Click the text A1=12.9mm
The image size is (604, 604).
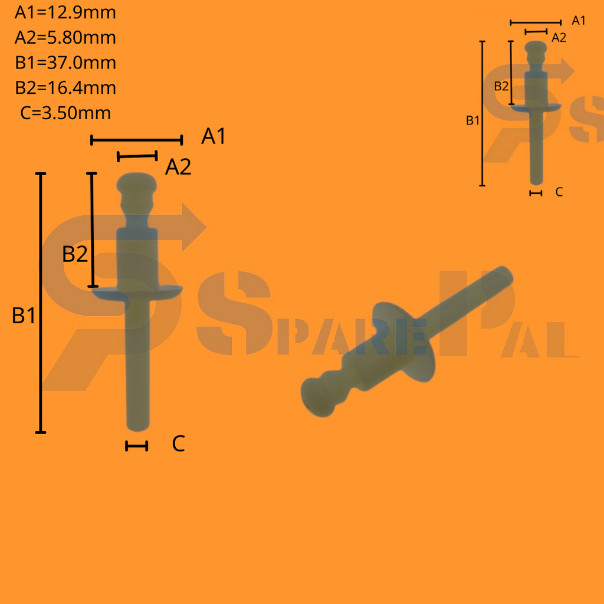[65, 12]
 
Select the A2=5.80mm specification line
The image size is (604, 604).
[65, 38]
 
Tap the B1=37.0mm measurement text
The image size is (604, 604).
[65, 63]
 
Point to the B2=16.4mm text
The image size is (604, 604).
[65, 88]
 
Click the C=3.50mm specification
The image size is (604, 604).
[65, 113]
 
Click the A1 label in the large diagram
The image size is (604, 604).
[214, 137]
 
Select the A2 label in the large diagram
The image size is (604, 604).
[178, 168]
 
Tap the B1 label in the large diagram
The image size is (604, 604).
[24, 316]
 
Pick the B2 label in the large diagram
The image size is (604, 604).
[75, 255]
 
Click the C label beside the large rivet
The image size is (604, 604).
[179, 444]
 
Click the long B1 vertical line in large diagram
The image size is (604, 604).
[41, 303]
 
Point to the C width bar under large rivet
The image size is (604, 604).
[136, 447]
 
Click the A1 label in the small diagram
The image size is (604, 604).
[579, 21]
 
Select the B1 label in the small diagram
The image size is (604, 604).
[473, 121]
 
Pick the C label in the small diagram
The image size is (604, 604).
[559, 192]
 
